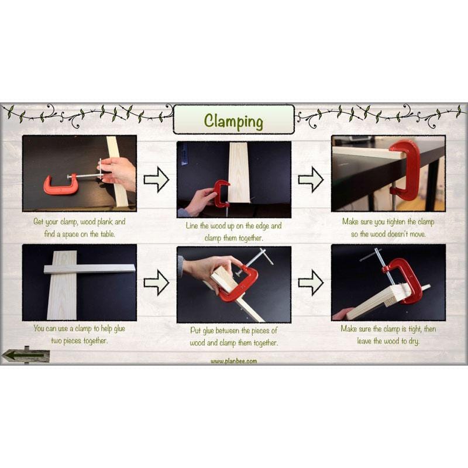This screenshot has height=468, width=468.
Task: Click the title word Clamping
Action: click(233, 121)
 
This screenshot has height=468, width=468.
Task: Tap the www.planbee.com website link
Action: click(233, 361)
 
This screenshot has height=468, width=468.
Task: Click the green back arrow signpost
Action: click(26, 355)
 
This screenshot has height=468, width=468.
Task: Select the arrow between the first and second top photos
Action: click(156, 180)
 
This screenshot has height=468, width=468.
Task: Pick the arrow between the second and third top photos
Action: click(311, 180)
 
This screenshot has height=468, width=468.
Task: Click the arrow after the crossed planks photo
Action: click(156, 283)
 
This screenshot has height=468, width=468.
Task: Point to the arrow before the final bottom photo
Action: click(311, 283)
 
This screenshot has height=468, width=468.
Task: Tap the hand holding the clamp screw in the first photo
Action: click(119, 173)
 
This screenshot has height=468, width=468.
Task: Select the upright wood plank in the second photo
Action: click(239, 173)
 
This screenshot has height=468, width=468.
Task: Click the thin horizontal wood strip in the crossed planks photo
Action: click(90, 269)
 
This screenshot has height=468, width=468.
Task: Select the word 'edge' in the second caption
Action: click(262, 226)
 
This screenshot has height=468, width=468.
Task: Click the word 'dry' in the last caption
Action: click(414, 341)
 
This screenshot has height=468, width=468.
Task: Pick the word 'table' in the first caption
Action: click(108, 234)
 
